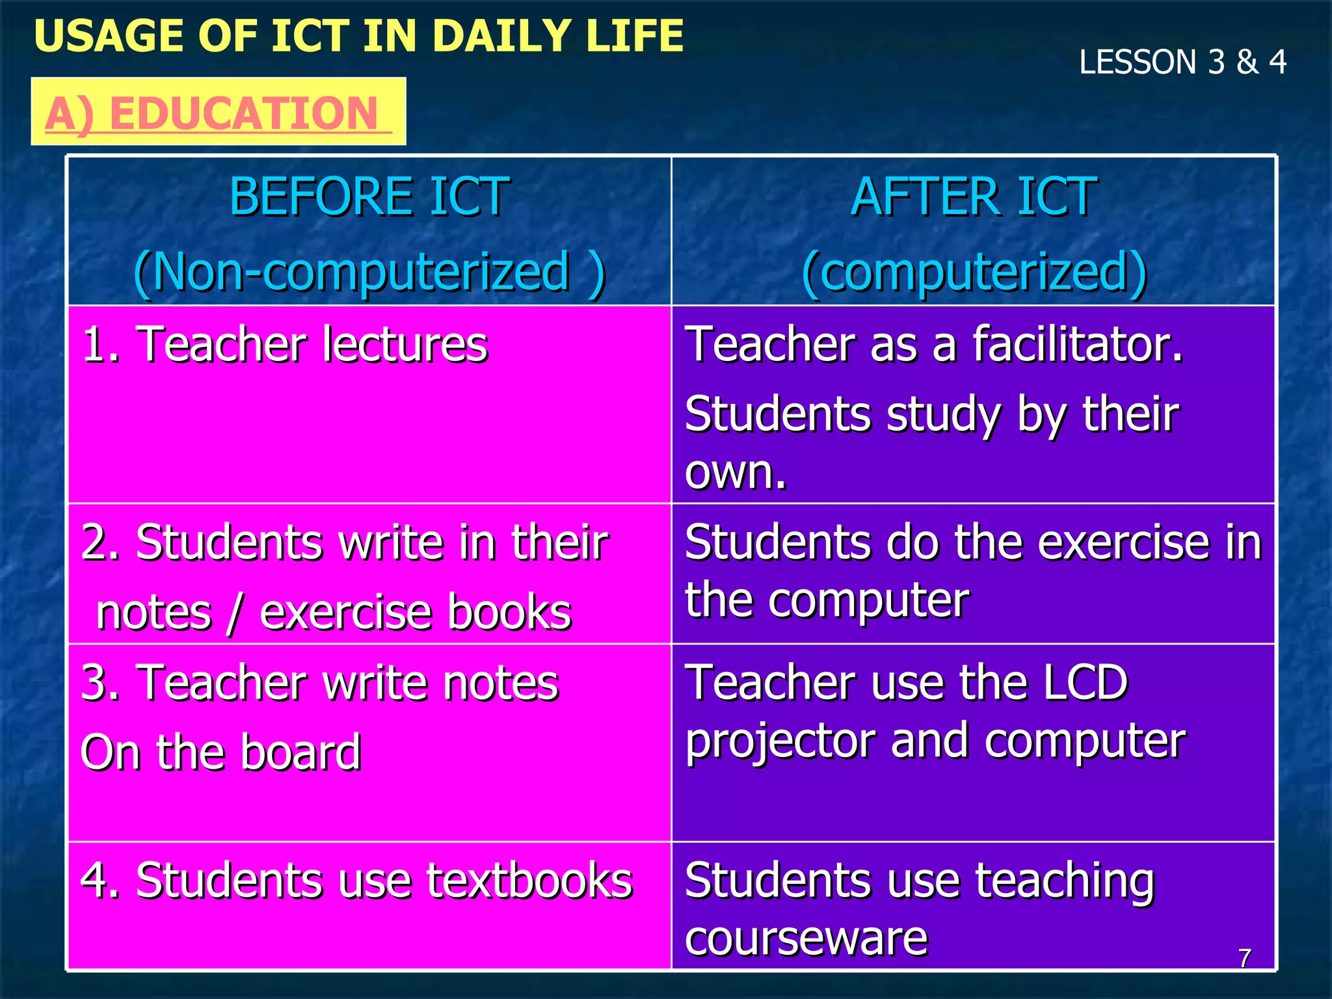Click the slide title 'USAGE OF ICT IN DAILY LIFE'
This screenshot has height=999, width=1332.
click(358, 36)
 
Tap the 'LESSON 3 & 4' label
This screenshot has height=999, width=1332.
click(1182, 62)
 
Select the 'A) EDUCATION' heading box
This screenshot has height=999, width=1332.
click(219, 113)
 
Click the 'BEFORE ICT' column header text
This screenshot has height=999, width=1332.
click(369, 196)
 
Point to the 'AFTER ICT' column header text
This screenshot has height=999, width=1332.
click(974, 196)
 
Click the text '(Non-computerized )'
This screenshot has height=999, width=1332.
click(369, 272)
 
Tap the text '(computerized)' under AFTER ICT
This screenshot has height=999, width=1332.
click(974, 272)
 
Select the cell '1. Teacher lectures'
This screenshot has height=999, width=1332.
click(285, 344)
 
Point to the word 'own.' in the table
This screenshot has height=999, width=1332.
click(736, 472)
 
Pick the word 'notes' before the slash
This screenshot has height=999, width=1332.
click(154, 613)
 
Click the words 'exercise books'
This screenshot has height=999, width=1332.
click(416, 613)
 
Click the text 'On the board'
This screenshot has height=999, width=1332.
click(220, 752)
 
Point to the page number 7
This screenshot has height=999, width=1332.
click(1245, 958)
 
